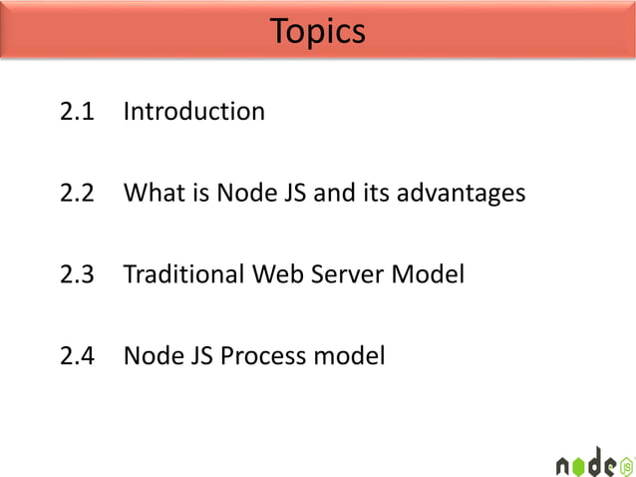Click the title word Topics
click(317, 32)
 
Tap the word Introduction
click(193, 112)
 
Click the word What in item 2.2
click(153, 193)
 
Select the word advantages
click(461, 193)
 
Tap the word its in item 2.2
click(376, 193)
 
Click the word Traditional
click(183, 273)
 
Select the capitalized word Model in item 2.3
click(431, 273)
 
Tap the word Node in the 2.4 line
click(148, 354)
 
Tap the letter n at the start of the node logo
click(565, 465)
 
